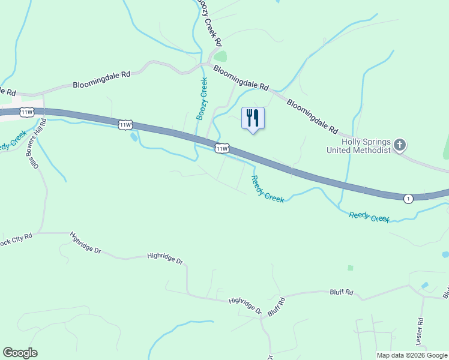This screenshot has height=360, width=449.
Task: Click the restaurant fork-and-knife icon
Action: [253, 118]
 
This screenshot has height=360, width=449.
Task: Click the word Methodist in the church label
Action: [376, 150]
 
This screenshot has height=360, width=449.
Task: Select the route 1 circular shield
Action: [408, 199]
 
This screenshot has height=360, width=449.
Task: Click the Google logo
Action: [20, 353]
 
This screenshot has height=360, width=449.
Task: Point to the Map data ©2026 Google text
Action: [412, 355]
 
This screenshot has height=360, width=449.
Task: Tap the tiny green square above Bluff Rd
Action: [350, 268]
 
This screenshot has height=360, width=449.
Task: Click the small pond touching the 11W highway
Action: [133, 137]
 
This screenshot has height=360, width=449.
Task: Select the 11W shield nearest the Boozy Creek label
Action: [221, 148]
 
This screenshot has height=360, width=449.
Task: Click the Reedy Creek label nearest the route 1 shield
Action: [369, 217]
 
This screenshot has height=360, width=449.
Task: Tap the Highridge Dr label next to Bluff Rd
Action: [246, 305]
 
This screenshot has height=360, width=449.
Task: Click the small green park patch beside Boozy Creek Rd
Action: [221, 57]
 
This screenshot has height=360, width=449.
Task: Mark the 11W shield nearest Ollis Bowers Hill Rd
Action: [26, 112]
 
